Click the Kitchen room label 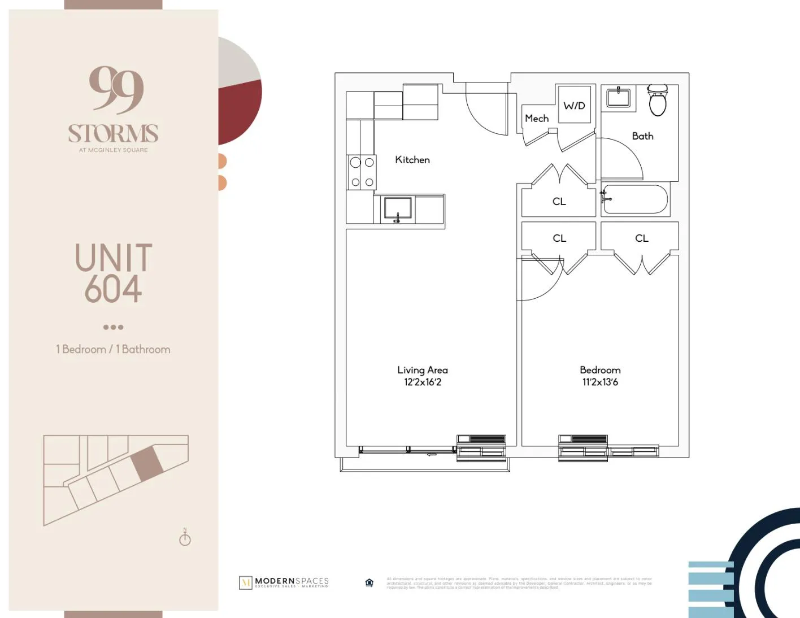[412, 160]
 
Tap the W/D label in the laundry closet [574, 106]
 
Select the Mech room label [537, 119]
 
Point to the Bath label [642, 136]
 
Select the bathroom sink [619, 97]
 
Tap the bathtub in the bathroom [635, 199]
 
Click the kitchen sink [398, 208]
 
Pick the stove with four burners [362, 172]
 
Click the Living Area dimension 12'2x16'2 [423, 382]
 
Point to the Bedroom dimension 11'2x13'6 [600, 382]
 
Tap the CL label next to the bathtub [559, 202]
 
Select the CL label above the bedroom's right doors [641, 238]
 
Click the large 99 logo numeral [116, 89]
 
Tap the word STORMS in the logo [113, 134]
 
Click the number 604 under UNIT [113, 289]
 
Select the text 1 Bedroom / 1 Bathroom [113, 350]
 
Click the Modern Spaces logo [284, 582]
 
